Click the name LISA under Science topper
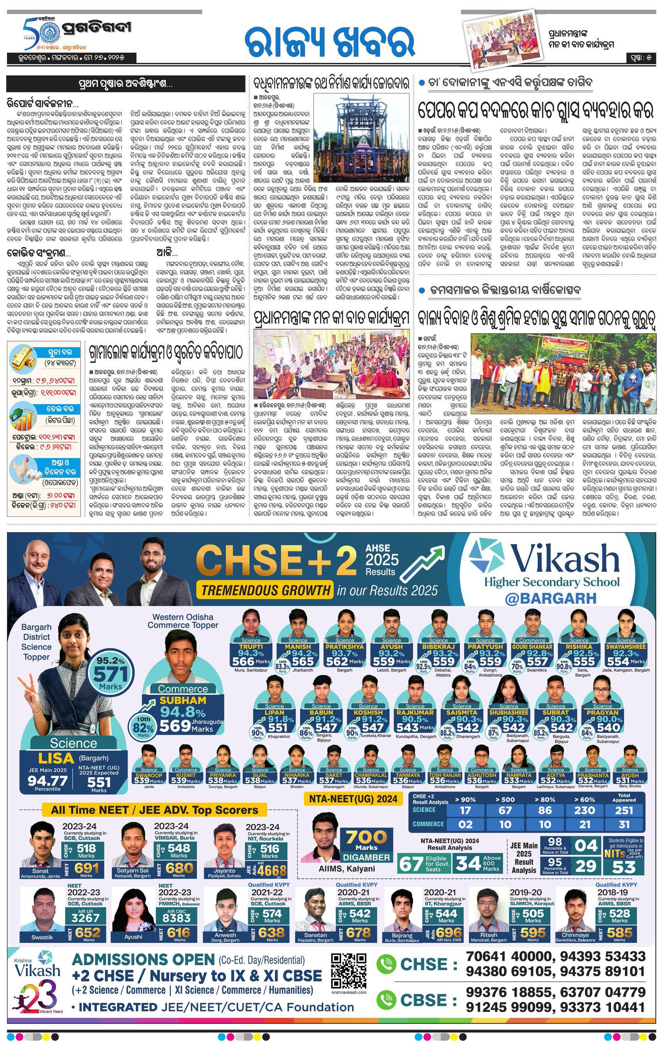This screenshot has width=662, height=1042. [x=56, y=758]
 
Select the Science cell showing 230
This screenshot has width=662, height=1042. [x=585, y=810]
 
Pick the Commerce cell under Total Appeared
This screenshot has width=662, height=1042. [x=624, y=824]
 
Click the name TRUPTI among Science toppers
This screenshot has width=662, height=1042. [x=251, y=647]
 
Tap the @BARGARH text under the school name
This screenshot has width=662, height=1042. [x=550, y=598]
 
